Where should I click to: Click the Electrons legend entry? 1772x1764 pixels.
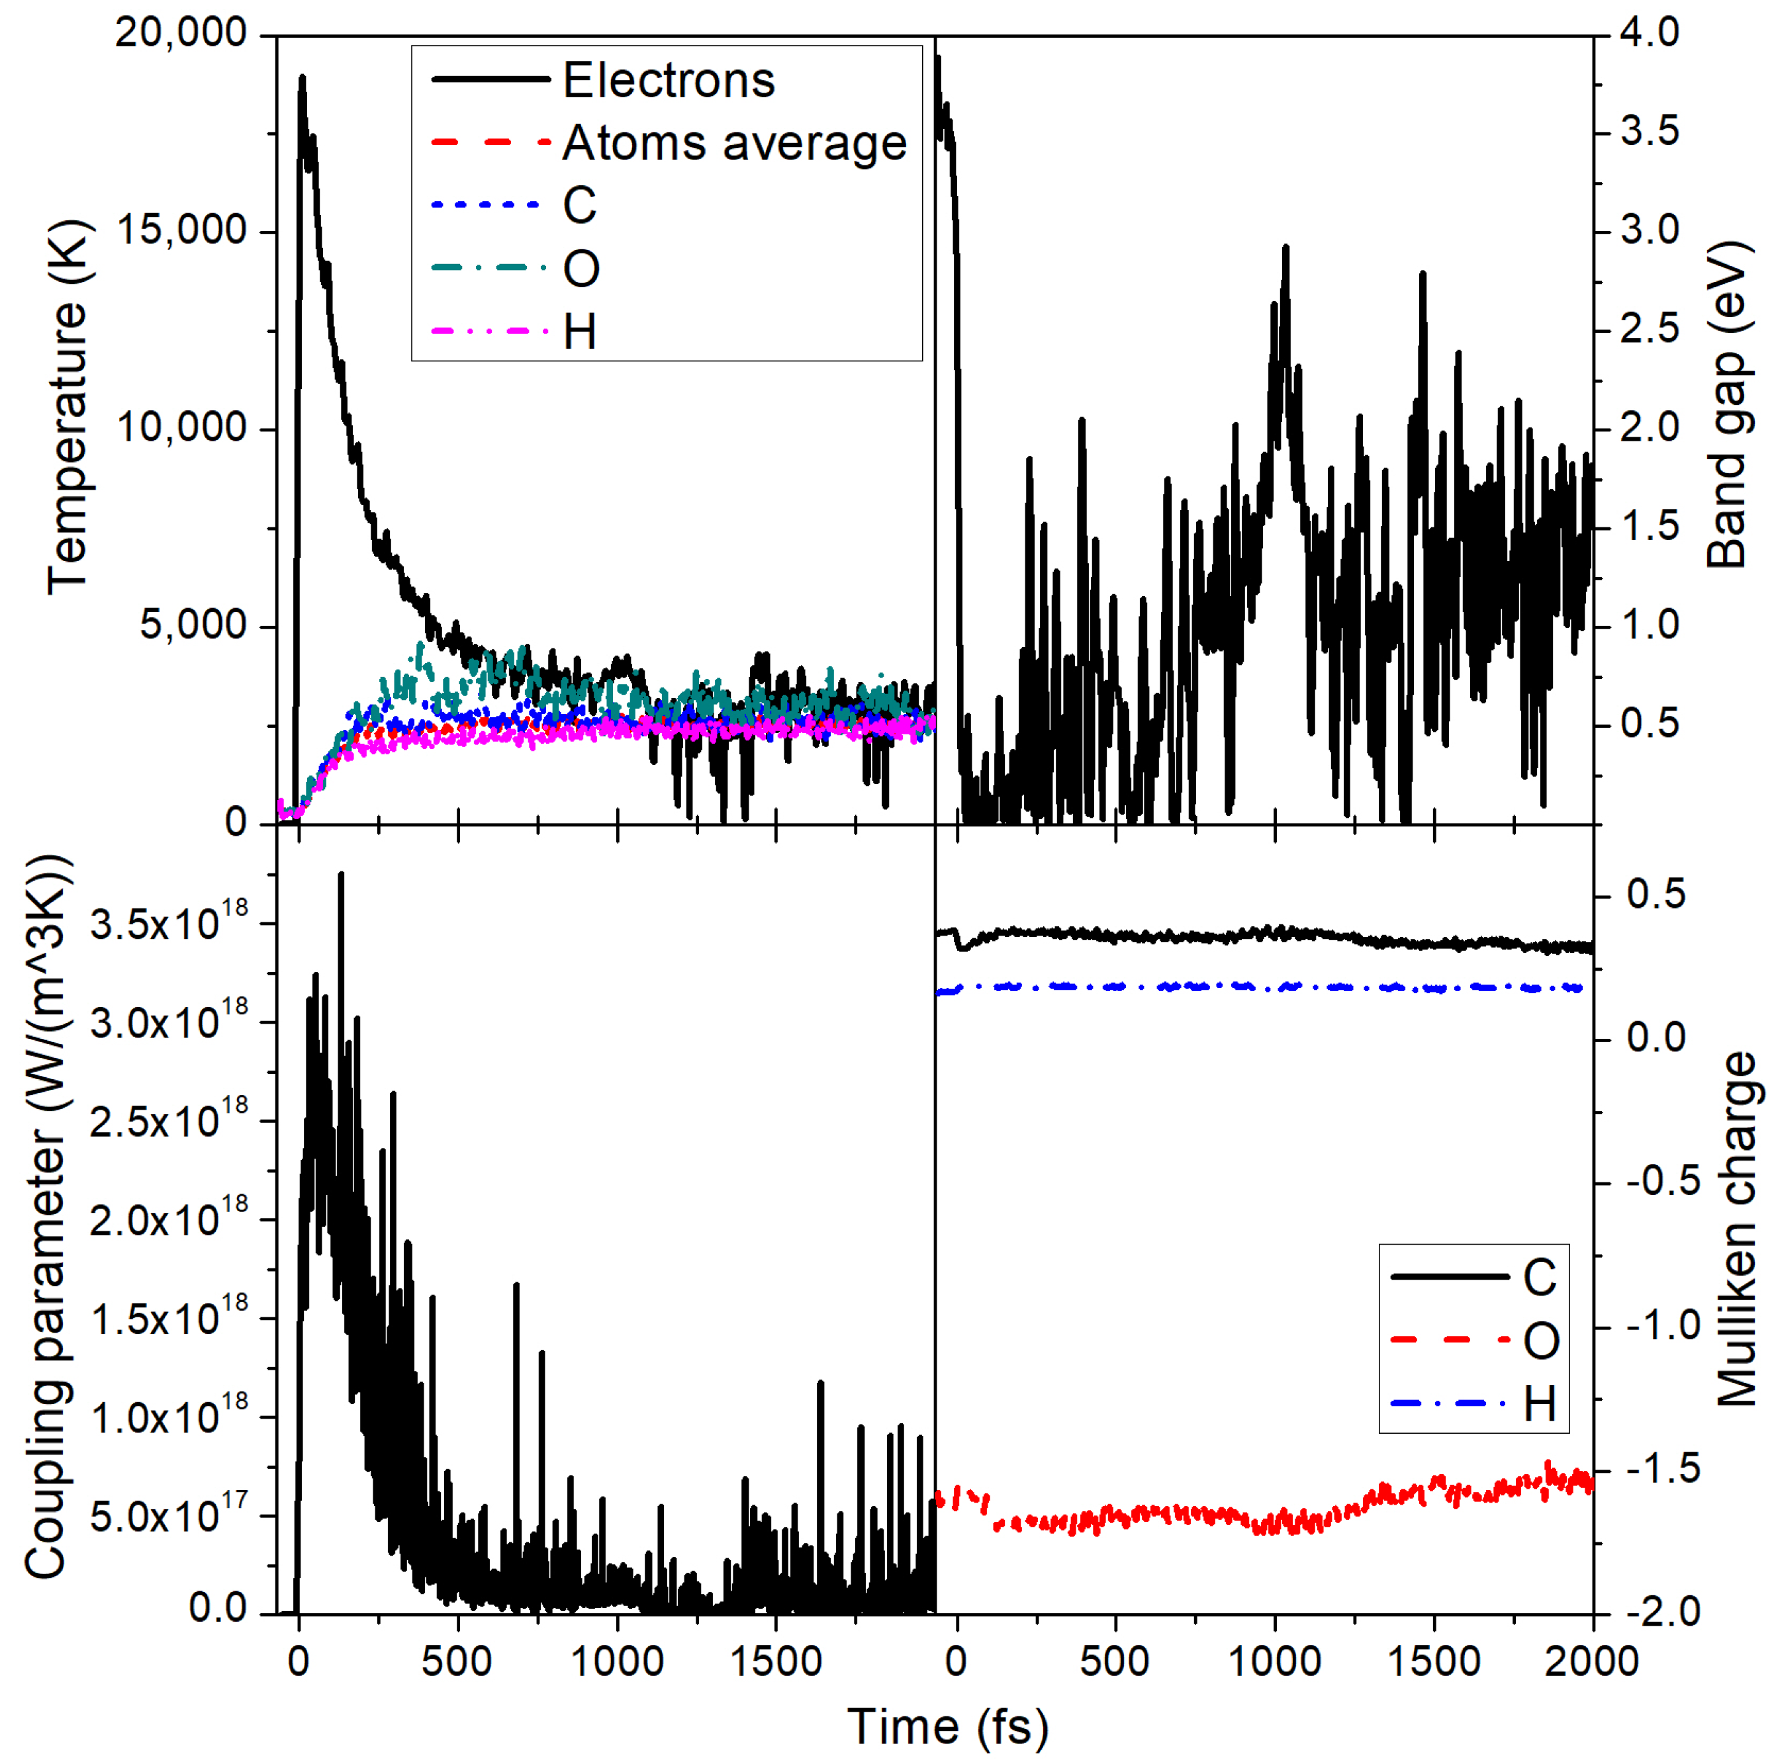pyautogui.click(x=668, y=81)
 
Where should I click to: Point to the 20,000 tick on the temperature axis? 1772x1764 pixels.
pyautogui.click(x=181, y=33)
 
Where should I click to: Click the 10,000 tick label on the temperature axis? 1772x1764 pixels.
pyautogui.click(x=181, y=427)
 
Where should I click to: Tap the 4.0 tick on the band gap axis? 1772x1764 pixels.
pyautogui.click(x=1649, y=33)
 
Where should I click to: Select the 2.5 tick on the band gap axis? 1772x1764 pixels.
pyautogui.click(x=1649, y=329)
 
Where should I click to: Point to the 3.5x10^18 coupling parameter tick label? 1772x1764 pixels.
pyautogui.click(x=169, y=922)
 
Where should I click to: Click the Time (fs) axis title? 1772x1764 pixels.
pyautogui.click(x=947, y=1726)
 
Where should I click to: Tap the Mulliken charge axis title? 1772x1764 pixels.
pyautogui.click(x=1736, y=1229)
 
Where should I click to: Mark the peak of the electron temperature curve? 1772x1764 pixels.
pyautogui.click(x=302, y=78)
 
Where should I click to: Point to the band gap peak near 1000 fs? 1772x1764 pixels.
pyautogui.click(x=1286, y=247)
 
